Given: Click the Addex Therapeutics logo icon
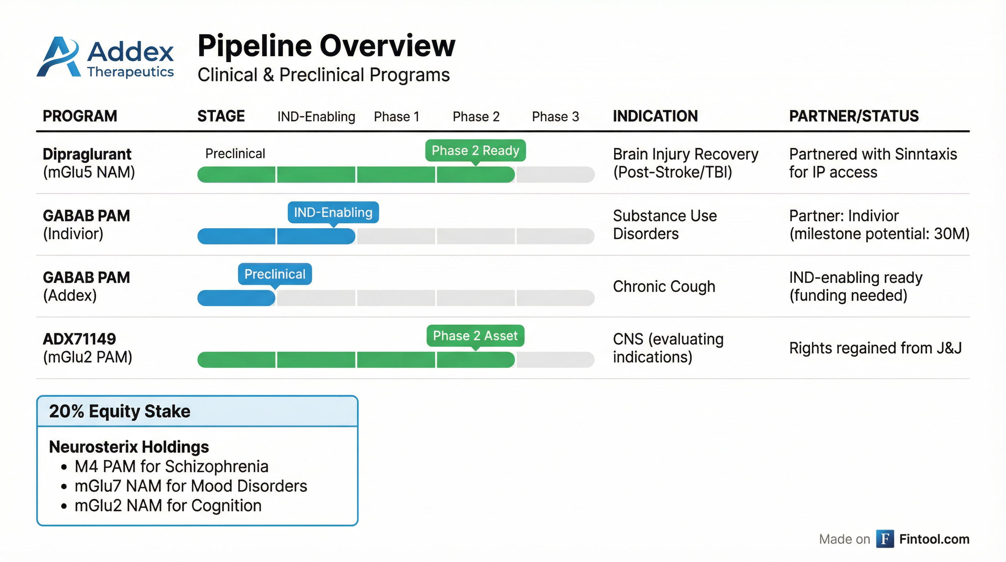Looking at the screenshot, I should coord(58,57).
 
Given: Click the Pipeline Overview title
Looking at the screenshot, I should coord(326,46).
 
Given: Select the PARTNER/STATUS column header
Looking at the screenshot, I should coord(854,116).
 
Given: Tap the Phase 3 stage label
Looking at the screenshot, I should coord(555,116).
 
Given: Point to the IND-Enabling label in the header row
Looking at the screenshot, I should coord(316,116).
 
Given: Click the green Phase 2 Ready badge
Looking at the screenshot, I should coord(475,150).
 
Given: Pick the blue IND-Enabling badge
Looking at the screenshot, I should coord(333,212).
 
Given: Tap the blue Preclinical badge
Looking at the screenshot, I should coord(275,274).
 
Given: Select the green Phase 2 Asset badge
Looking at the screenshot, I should coord(475,336).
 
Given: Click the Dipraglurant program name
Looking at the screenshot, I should coord(87,154).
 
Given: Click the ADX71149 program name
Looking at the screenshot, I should coord(79,339).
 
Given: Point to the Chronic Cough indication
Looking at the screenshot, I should coord(664,286).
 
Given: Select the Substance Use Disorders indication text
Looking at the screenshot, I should coord(665,225).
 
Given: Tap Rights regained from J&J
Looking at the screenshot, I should coord(875,348).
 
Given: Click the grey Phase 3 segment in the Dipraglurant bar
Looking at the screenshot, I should coord(555,174).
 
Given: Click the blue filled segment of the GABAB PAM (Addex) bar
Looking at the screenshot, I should coord(236,298).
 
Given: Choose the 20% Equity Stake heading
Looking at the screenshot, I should coord(120,411).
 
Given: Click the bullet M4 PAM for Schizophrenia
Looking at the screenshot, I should coord(171,466).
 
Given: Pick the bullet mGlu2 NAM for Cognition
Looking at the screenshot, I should coord(167,505).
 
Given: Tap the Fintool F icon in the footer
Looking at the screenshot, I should coord(885,539).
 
